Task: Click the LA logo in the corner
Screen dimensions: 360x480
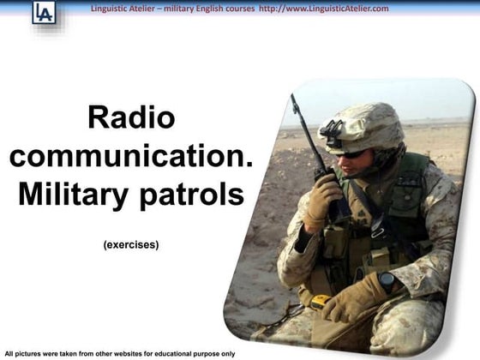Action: click(43, 12)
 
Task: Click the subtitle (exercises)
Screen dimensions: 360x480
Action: click(131, 244)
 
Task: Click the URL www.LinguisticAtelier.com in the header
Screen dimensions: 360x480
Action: click(336, 9)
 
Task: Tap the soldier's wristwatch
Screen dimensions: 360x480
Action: click(387, 279)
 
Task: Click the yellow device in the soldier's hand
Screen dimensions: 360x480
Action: click(320, 301)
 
